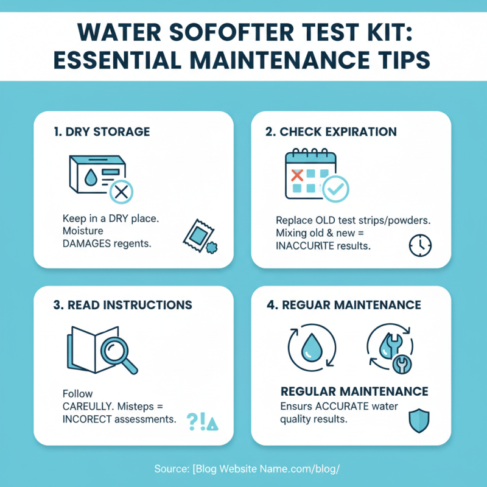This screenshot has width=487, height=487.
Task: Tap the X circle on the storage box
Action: [x=121, y=192]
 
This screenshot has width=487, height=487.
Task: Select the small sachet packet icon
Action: [x=195, y=234]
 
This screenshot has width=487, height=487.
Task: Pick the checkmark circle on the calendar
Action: [x=335, y=189]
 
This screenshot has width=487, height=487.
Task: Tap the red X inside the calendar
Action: [x=298, y=176]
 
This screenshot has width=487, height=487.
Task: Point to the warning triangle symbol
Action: [x=212, y=421]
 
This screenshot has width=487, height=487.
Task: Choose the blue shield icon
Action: [x=419, y=420]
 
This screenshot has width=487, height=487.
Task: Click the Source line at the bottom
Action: [x=243, y=469]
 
